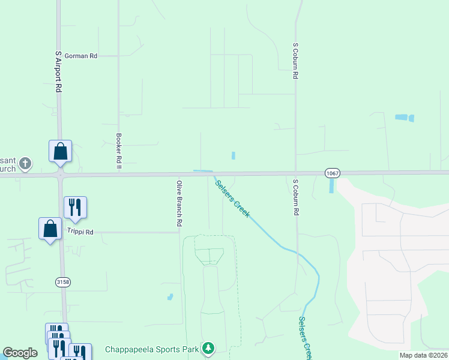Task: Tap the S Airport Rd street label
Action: pyautogui.click(x=58, y=71)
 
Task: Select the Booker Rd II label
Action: pyautogui.click(x=119, y=150)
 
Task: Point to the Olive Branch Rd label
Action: pyautogui.click(x=179, y=203)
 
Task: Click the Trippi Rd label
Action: pyautogui.click(x=81, y=232)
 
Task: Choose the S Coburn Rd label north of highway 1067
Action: pyautogui.click(x=295, y=61)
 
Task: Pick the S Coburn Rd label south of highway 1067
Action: pyautogui.click(x=295, y=197)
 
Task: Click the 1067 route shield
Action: pyautogui.click(x=333, y=173)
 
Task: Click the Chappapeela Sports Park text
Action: pyautogui.click(x=152, y=349)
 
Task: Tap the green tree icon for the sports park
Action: pyautogui.click(x=208, y=348)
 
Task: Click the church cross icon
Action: pyautogui.click(x=25, y=163)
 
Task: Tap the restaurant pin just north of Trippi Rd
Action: pyautogui.click(x=75, y=207)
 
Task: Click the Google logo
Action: pyautogui.click(x=20, y=353)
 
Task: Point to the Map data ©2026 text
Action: pyautogui.click(x=423, y=355)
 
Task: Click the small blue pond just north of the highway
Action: pyautogui.click(x=233, y=155)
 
